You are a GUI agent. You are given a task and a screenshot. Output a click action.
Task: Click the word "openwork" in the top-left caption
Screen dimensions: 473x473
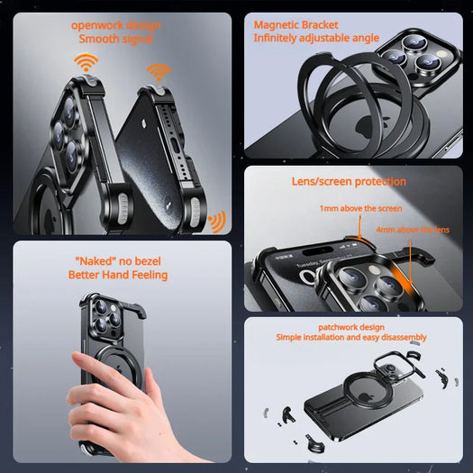click(x=95, y=24)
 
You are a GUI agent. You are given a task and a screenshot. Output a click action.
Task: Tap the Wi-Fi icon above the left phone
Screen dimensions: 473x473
click(x=86, y=63)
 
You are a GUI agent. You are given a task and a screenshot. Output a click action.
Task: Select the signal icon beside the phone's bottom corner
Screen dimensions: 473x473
click(x=216, y=221)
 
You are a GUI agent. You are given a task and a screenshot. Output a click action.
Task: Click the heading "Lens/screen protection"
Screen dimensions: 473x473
click(x=349, y=181)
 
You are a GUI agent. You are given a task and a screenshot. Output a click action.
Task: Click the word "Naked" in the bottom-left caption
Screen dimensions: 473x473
click(x=96, y=260)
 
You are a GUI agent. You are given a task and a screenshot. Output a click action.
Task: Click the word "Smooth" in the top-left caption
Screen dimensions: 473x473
click(x=98, y=39)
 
